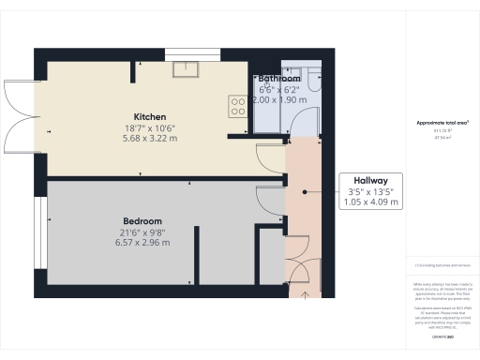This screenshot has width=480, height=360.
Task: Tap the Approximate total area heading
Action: (x=442, y=123)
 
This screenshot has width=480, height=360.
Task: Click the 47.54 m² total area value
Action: (x=442, y=137)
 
